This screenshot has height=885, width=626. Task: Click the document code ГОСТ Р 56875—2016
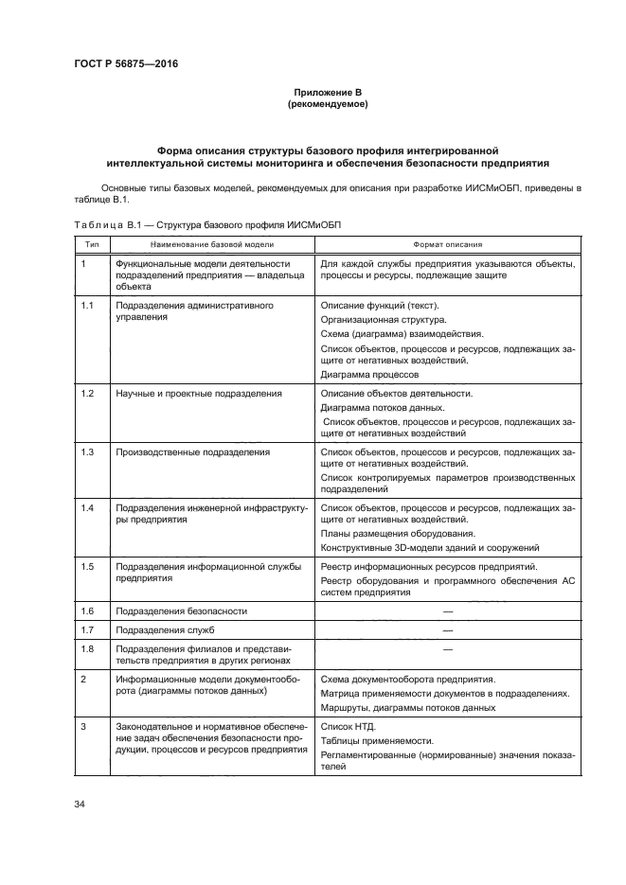tap(125, 64)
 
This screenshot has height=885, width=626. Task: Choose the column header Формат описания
tap(447, 243)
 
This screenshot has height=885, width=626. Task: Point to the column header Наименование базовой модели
tap(210, 243)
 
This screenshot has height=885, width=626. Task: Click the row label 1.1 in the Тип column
tap(86, 307)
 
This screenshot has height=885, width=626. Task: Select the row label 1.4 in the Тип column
tap(86, 509)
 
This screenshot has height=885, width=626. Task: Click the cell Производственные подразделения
tap(192, 451)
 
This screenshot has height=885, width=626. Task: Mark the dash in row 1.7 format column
tap(447, 629)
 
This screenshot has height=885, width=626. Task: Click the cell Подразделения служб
tap(158, 629)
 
